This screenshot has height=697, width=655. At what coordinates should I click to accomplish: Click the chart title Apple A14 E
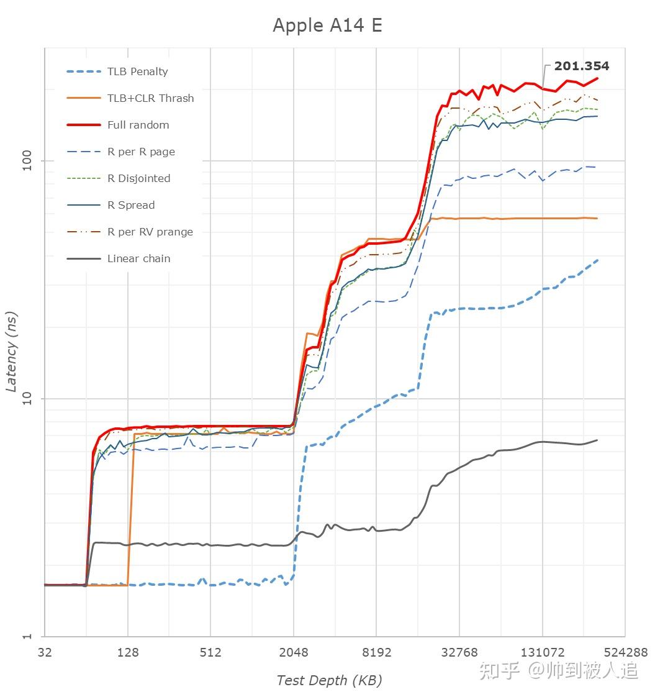point(327,25)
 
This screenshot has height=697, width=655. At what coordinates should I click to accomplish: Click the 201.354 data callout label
point(581,66)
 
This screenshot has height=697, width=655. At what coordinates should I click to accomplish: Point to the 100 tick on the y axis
point(27,161)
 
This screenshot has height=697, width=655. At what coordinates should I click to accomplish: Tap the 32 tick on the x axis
point(45,652)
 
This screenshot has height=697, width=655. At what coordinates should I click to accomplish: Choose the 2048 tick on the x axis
point(294,652)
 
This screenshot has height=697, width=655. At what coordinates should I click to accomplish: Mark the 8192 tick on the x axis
point(376,652)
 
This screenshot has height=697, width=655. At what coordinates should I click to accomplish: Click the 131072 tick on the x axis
point(542,652)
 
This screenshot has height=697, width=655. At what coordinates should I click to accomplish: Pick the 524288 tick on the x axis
point(625,652)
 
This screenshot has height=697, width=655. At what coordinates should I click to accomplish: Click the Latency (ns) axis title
point(11,352)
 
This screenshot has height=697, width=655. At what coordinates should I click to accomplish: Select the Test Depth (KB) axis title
point(329,680)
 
